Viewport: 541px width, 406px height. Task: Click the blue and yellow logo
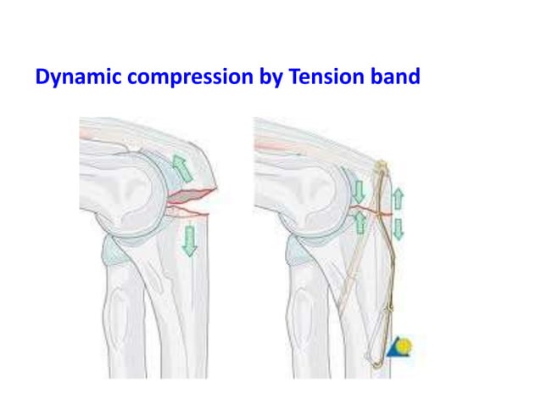399,346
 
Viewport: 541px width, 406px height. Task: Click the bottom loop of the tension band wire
376,360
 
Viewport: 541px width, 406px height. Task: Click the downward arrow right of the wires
398,228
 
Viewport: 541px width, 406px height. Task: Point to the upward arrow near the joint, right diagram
360,223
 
